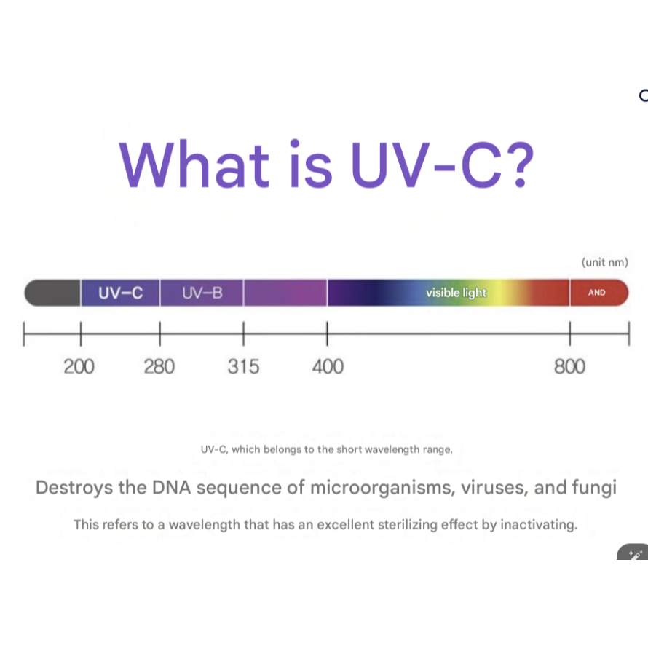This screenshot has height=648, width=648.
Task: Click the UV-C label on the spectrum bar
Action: (x=120, y=293)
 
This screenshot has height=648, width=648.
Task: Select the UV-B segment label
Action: (x=202, y=293)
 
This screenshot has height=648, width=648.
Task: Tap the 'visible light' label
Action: (x=457, y=293)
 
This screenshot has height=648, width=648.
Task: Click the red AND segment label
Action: (x=597, y=293)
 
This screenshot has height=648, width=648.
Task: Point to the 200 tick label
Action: (x=79, y=366)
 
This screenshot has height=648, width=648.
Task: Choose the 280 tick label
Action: (x=159, y=366)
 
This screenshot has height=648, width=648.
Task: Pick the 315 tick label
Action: (x=243, y=366)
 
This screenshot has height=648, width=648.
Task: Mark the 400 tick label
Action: (x=328, y=366)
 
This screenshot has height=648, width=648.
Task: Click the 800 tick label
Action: (x=569, y=366)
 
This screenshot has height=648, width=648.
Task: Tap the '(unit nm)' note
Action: (x=604, y=262)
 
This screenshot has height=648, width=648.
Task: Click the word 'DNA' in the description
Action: (x=172, y=488)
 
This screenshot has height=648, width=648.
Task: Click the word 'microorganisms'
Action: (x=383, y=488)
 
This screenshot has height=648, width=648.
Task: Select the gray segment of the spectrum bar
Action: (x=52, y=293)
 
